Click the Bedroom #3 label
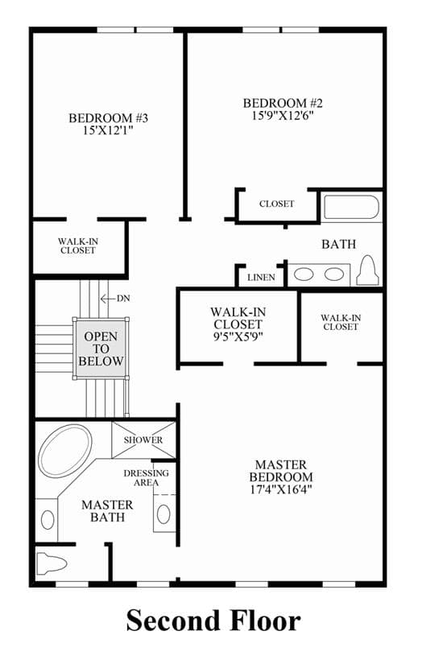(109, 118)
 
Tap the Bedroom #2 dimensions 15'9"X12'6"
(283, 115)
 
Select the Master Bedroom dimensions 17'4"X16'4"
(281, 489)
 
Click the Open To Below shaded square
(101, 349)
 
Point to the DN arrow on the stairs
(107, 299)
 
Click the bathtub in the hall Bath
(352, 207)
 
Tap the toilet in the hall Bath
(367, 270)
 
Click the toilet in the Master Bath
(51, 563)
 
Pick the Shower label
(143, 440)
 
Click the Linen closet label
(261, 278)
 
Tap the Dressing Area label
(146, 478)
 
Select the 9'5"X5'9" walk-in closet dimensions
(238, 336)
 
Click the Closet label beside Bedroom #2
(277, 204)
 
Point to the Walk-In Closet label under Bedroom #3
(78, 246)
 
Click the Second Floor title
(213, 620)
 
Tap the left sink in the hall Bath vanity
(304, 274)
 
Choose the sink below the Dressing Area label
(163, 514)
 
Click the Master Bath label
(108, 511)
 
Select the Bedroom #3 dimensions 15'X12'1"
(109, 130)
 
